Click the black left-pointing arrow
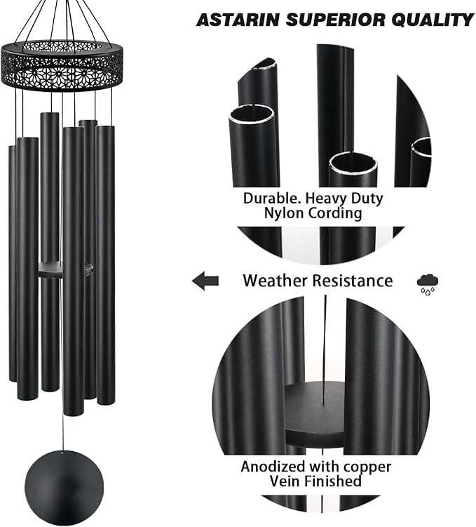[205, 281]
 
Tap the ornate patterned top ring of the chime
[62, 64]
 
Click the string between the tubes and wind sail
[64, 432]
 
